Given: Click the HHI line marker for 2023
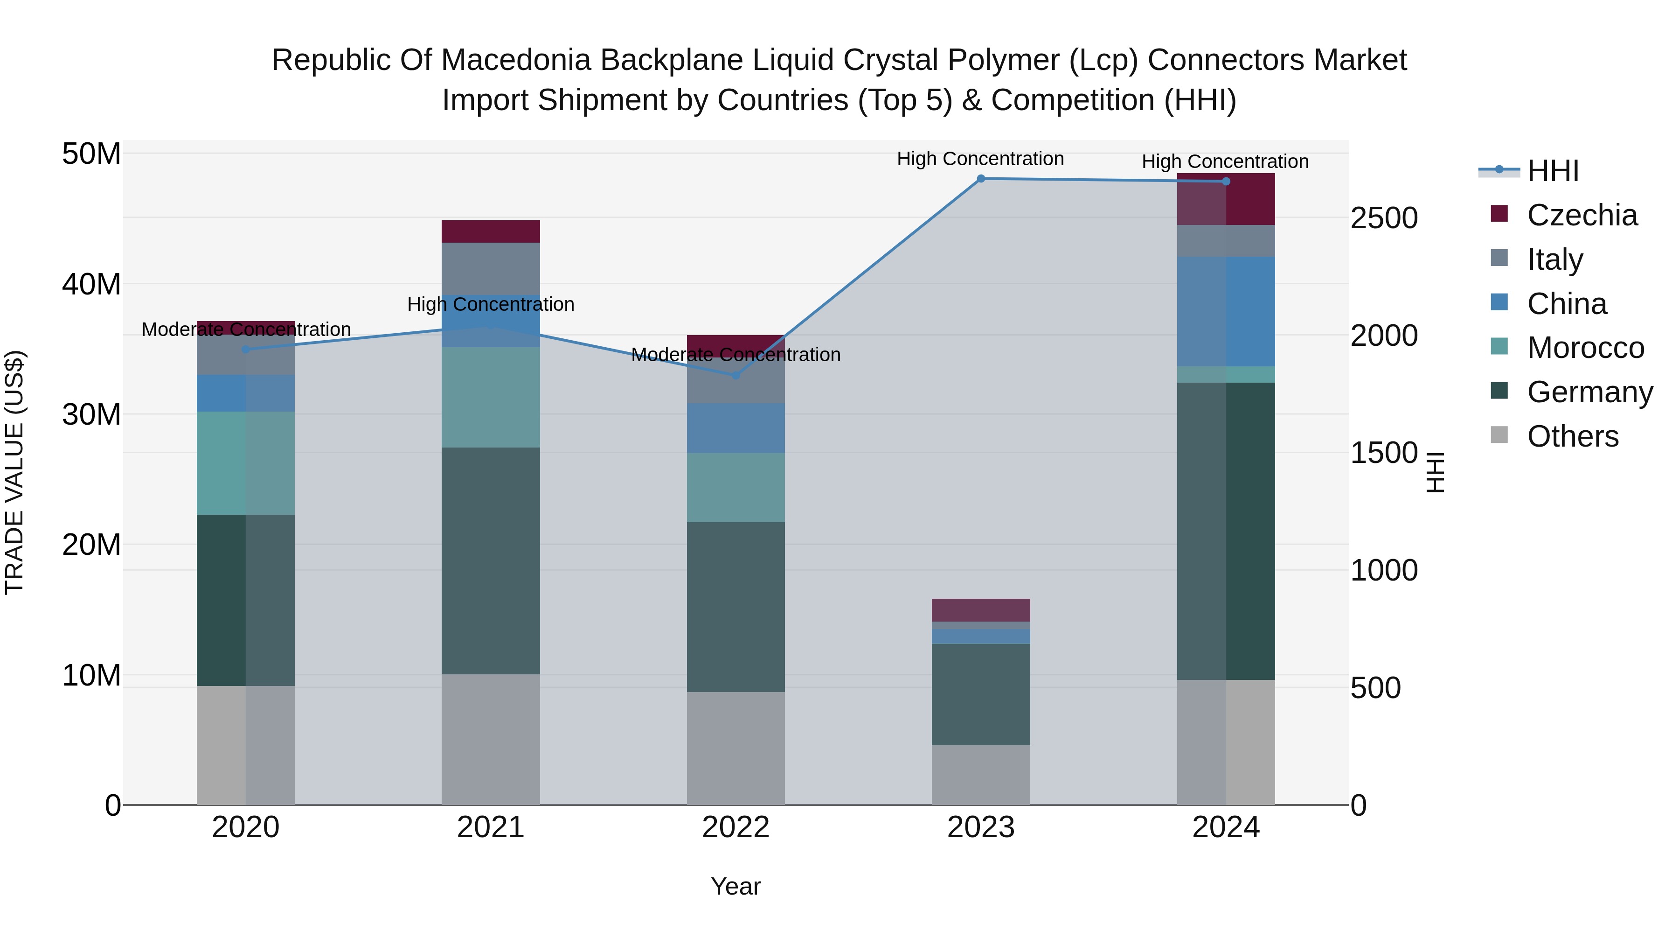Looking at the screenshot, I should [x=980, y=179].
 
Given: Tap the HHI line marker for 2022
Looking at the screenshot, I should [x=736, y=375].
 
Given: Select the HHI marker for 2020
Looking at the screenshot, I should [x=246, y=350].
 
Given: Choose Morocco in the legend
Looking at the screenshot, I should [x=1585, y=348].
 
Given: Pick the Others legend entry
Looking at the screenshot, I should [x=1572, y=436].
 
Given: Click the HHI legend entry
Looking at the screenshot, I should [x=1553, y=171].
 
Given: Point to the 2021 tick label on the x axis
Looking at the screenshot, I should [x=490, y=827].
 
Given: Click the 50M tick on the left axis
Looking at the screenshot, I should [x=91, y=154].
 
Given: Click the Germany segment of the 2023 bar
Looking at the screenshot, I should [x=980, y=694].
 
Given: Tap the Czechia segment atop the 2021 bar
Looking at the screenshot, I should [x=490, y=231].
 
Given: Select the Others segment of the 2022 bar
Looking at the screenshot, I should [x=736, y=748].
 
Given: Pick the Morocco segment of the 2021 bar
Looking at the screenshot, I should [x=490, y=397].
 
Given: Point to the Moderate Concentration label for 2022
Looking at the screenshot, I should [x=736, y=355].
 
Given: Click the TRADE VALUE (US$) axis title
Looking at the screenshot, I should [x=14, y=472].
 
